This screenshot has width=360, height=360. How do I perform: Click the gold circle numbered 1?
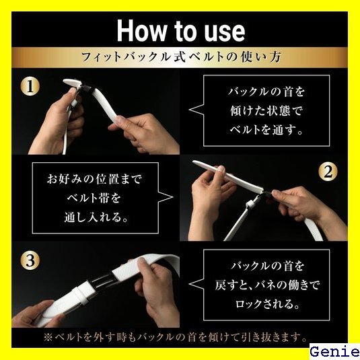click(30, 87)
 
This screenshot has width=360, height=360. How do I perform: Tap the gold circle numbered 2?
click(328, 172)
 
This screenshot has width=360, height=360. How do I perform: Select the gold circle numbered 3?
click(30, 260)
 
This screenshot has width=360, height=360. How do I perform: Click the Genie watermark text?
click(334, 352)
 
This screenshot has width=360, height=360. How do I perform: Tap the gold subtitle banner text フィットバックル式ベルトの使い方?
click(181, 57)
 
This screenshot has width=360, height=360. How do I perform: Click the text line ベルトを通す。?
click(266, 130)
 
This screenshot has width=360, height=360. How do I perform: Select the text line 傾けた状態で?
click(266, 111)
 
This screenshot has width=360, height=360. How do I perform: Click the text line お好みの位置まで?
click(95, 179)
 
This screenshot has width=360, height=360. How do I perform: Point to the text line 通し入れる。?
click(96, 217)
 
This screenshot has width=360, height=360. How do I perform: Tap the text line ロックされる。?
click(267, 304)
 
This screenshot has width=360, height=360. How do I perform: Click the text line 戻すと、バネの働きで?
click(267, 285)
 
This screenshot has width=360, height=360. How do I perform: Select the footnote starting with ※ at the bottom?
click(176, 337)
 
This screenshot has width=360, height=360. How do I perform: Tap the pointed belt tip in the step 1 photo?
click(65, 81)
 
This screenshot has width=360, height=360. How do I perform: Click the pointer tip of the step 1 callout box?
click(189, 110)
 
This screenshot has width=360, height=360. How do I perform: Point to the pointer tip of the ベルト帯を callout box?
click(173, 197)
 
